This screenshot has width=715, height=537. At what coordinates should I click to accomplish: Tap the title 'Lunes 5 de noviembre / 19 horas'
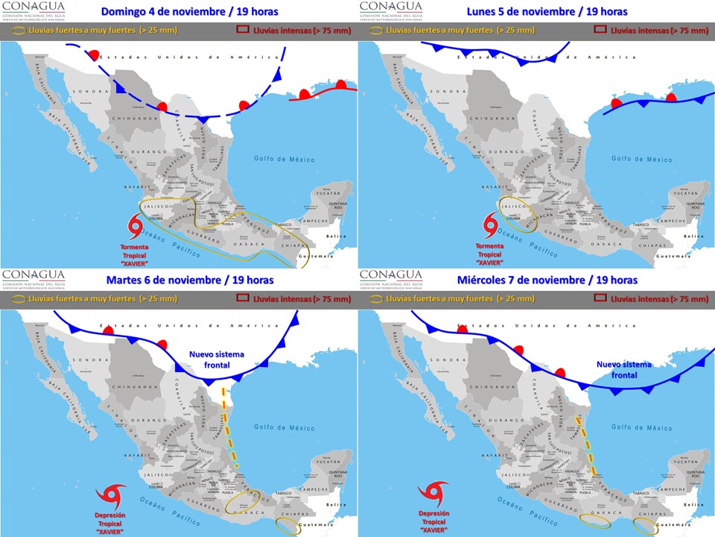(x=547, y=11)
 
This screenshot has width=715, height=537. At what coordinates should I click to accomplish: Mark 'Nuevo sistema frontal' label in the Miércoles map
(x=625, y=369)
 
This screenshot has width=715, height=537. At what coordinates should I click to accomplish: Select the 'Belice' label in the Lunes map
(x=693, y=236)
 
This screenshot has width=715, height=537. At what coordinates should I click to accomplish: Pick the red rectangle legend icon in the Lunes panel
(x=600, y=30)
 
